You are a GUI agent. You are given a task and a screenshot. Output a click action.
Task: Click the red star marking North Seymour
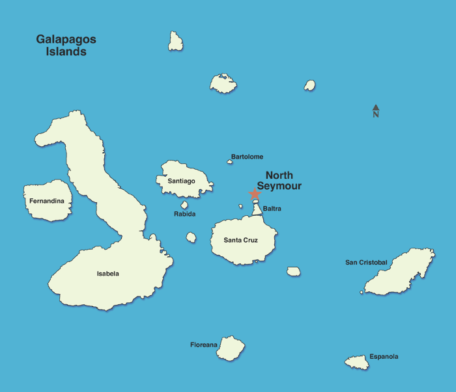pos(255,194)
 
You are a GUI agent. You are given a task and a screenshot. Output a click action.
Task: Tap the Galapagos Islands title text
pos(66,46)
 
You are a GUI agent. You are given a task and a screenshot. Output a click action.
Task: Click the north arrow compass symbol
pos(376,111)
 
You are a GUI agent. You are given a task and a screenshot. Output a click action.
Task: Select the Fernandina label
pos(46,201)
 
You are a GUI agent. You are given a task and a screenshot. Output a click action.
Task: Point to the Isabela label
pos(107,274)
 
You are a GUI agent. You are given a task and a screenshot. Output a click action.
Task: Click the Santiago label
pos(181,181)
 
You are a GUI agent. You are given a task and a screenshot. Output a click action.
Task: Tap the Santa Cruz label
pos(240,240)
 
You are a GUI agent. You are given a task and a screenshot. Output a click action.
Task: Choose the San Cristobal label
pos(366,263)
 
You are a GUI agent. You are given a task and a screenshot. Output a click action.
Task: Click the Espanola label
pos(384,356)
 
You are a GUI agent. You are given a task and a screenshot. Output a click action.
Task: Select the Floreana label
pos(203,345)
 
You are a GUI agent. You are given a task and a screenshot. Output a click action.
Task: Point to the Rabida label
pos(184,214)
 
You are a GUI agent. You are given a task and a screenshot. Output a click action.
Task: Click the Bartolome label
pos(247,157)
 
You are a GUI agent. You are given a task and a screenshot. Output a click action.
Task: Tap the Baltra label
pos(272,209)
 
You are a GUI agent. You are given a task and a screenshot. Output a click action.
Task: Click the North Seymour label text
pos(279,181)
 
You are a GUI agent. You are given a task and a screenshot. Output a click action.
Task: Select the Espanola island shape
pos(357,362)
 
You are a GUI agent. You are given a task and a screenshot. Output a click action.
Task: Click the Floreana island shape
pos(230,348)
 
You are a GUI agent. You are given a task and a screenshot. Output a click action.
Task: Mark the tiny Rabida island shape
pos(184,205)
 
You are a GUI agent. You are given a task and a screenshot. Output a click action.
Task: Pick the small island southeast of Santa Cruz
pos(294,271)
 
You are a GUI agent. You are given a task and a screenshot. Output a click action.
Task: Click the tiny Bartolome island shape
pos(229,162)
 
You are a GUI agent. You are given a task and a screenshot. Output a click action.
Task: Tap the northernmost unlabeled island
pos(175,42)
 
